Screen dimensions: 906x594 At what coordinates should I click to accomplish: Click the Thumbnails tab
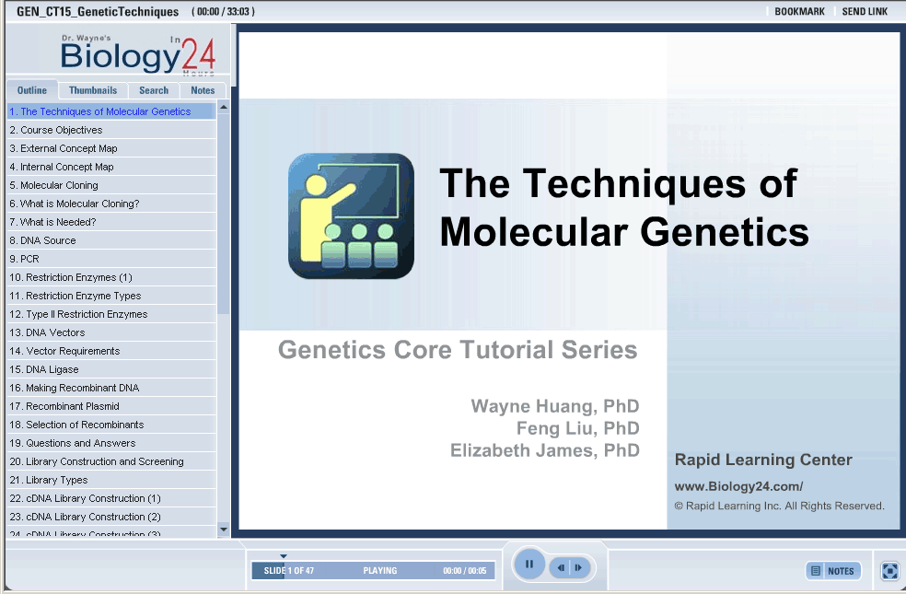pyautogui.click(x=92, y=90)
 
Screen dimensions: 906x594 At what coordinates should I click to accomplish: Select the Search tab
pyautogui.click(x=154, y=90)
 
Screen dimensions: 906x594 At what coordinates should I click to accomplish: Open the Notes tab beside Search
pyautogui.click(x=203, y=90)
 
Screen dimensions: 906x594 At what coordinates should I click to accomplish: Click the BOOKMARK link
pyautogui.click(x=799, y=12)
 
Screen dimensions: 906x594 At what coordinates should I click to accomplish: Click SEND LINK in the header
pyautogui.click(x=865, y=12)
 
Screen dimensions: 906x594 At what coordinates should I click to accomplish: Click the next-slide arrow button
pyautogui.click(x=579, y=567)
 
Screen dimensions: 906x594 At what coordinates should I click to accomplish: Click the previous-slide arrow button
pyautogui.click(x=561, y=567)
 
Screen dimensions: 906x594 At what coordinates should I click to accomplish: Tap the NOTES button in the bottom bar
pyautogui.click(x=833, y=571)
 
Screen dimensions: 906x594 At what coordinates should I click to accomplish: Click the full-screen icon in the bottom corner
pyautogui.click(x=889, y=571)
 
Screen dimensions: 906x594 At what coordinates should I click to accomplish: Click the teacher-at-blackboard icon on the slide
pyautogui.click(x=351, y=215)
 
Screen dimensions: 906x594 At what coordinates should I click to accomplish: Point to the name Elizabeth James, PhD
pyautogui.click(x=545, y=450)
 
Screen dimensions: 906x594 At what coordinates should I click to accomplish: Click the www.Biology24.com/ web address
pyautogui.click(x=738, y=486)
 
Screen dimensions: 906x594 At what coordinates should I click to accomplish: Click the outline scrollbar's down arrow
pyautogui.click(x=224, y=530)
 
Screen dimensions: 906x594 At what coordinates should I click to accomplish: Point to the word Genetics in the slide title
pyautogui.click(x=725, y=232)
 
